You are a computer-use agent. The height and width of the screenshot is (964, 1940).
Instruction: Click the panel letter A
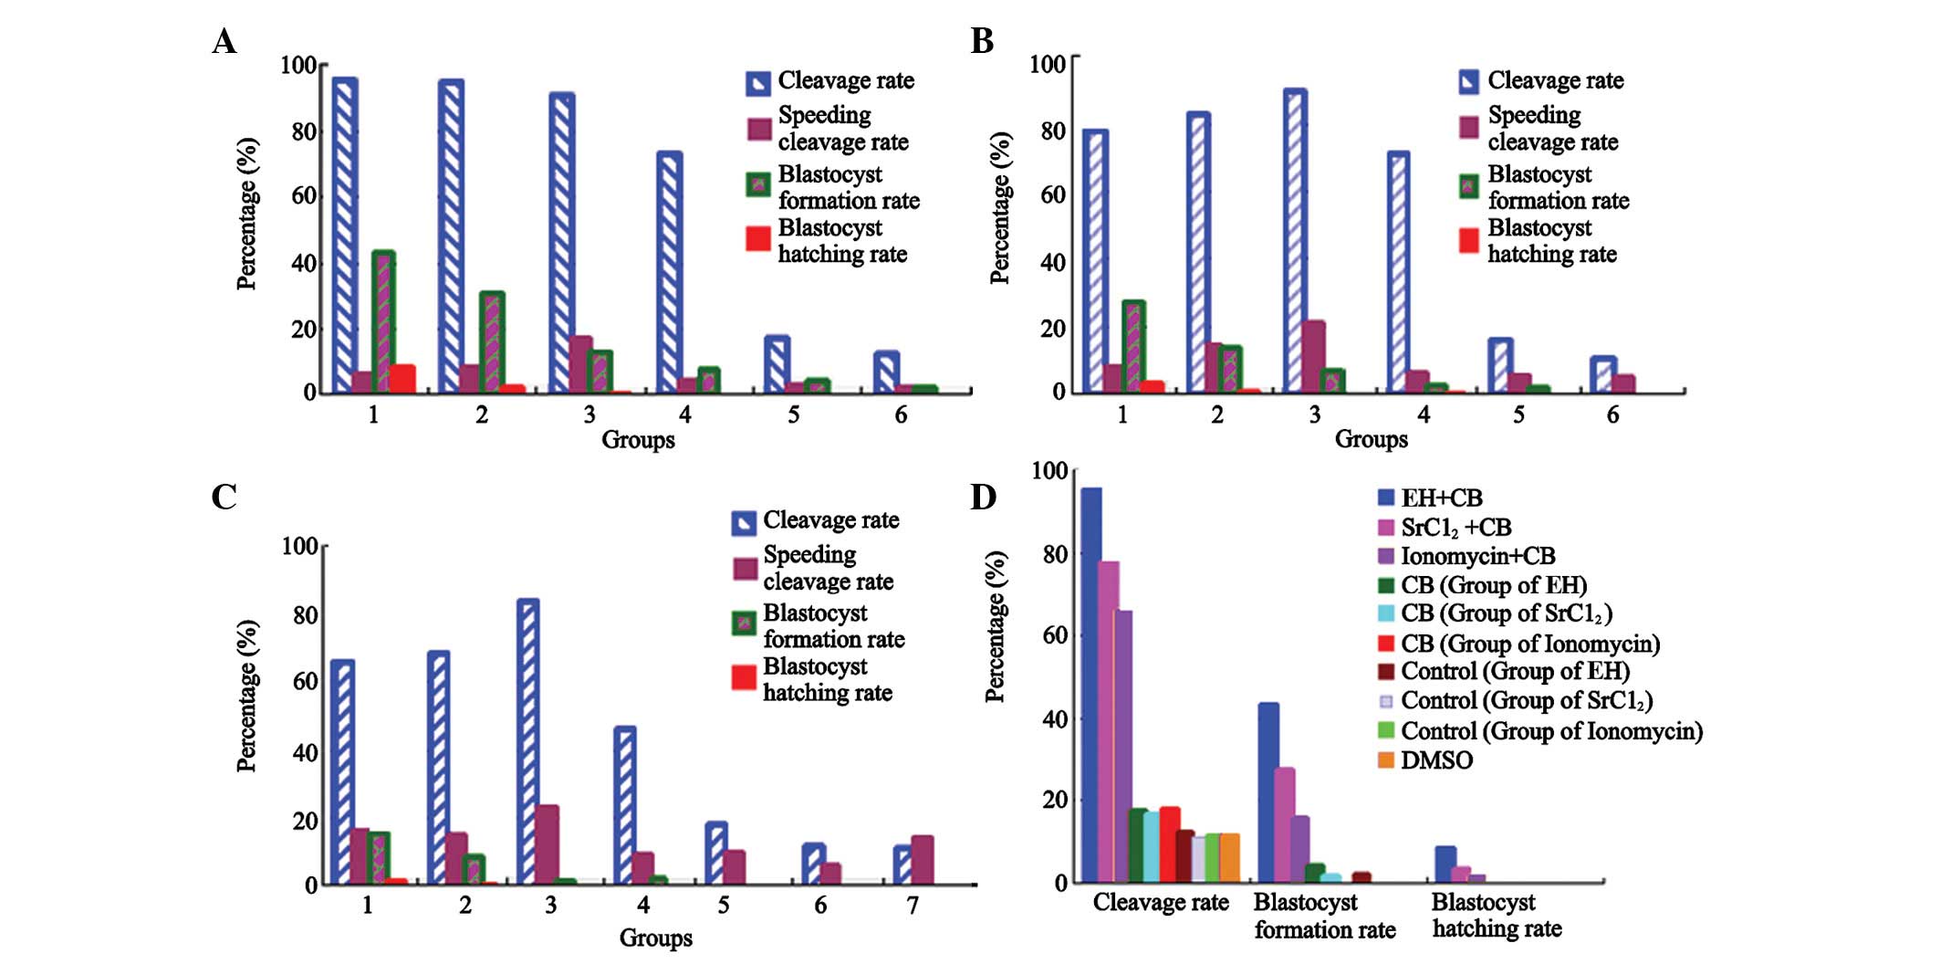click(x=224, y=42)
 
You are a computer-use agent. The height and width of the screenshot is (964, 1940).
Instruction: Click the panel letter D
click(x=983, y=498)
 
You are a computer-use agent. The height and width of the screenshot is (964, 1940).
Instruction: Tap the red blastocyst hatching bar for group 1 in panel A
click(x=402, y=379)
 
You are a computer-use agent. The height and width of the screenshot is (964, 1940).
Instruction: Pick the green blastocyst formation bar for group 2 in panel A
click(x=492, y=342)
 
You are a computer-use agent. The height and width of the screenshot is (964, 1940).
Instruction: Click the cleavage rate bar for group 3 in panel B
click(x=1295, y=241)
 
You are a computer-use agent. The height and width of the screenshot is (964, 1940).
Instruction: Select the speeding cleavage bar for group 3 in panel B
click(x=1314, y=357)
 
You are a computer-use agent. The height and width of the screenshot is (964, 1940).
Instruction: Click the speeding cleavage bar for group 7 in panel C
click(x=922, y=860)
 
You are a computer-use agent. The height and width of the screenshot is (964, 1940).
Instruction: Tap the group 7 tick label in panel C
click(x=913, y=906)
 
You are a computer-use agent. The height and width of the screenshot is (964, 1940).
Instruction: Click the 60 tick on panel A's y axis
click(x=304, y=195)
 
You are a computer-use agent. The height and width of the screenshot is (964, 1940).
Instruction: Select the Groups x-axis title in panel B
click(x=1371, y=439)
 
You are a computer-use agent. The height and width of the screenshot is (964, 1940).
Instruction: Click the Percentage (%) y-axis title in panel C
click(x=246, y=696)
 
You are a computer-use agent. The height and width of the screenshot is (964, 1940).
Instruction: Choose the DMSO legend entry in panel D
click(x=1436, y=760)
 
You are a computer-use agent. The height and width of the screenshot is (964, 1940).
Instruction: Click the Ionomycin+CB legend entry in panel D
click(x=1477, y=556)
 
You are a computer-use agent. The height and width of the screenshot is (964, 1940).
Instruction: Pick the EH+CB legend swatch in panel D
click(x=1386, y=498)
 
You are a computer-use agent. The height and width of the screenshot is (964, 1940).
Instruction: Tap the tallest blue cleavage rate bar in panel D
click(x=1090, y=685)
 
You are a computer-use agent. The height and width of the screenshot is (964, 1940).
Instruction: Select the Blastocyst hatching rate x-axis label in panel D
click(x=1496, y=916)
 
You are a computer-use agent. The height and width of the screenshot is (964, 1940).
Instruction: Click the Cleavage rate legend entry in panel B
click(x=1555, y=80)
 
